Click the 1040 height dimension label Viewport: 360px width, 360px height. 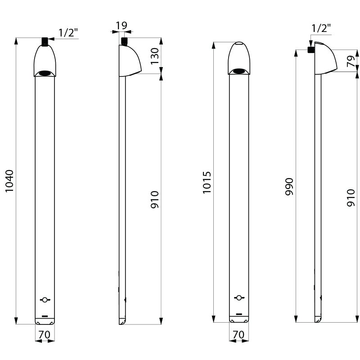point(9,181)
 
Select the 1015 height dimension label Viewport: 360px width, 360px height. point(207,183)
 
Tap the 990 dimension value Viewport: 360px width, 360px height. point(289,186)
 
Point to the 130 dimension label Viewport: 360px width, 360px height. point(155,56)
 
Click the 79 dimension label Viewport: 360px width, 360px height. point(351,61)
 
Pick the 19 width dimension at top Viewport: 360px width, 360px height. point(121,26)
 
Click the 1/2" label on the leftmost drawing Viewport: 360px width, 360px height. point(68,32)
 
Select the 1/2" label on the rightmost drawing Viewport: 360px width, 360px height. point(321,28)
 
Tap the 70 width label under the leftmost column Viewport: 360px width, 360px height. point(44,335)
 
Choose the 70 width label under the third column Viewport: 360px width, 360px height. point(238,335)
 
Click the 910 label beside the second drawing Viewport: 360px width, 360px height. point(155,199)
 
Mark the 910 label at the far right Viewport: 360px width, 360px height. point(351,198)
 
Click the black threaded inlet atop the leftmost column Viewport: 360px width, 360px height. point(45,41)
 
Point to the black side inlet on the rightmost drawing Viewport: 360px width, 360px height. point(311,49)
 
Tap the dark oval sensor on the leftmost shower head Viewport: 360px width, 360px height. point(45,73)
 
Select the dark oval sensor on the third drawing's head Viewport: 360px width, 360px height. point(239,72)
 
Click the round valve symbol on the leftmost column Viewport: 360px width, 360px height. point(45,300)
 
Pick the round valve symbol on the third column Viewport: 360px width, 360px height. point(239,298)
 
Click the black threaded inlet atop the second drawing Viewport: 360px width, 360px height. point(124,41)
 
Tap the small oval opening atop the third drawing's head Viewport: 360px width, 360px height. point(239,43)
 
